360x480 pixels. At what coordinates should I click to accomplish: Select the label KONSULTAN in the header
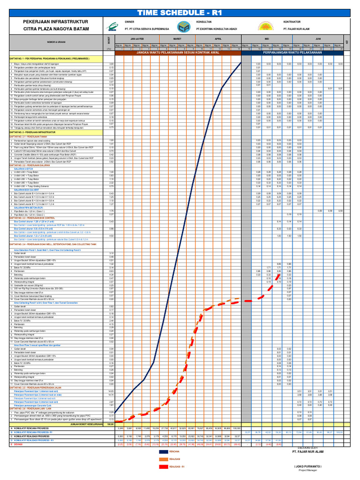pos(204,22)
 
